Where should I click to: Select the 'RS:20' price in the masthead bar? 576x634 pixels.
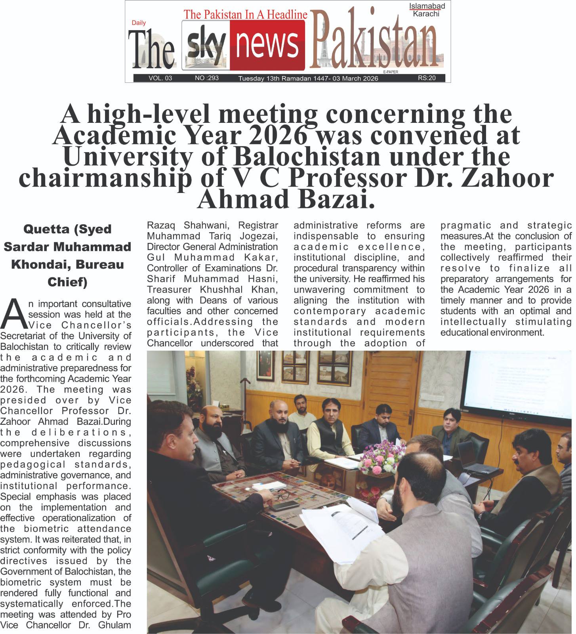(x=427, y=78)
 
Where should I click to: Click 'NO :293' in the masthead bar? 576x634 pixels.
(x=206, y=78)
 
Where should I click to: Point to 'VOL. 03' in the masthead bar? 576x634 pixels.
(x=160, y=78)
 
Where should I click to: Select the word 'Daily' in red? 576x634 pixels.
(x=139, y=23)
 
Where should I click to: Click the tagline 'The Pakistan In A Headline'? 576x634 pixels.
(x=246, y=15)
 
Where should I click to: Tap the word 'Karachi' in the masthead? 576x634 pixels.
(x=426, y=14)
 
